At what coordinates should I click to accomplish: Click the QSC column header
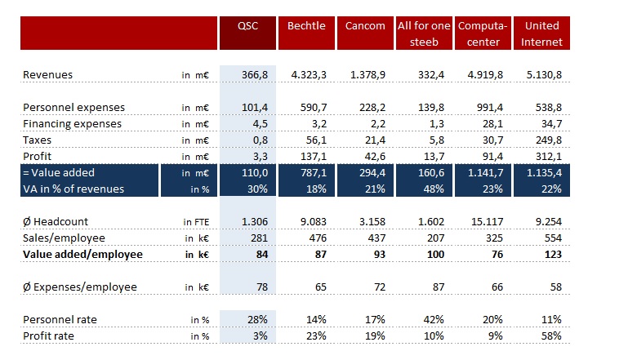tap(247, 25)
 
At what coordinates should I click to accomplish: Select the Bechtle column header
tap(306, 25)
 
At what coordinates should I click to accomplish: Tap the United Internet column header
tap(542, 33)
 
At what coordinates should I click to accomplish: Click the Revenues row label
tap(47, 75)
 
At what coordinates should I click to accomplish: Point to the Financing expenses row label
tap(72, 124)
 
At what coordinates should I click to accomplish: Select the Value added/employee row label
tap(82, 254)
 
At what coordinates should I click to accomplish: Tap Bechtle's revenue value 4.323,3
tap(308, 75)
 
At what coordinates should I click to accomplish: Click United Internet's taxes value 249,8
tap(547, 140)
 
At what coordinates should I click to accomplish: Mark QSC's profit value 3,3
tap(261, 156)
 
